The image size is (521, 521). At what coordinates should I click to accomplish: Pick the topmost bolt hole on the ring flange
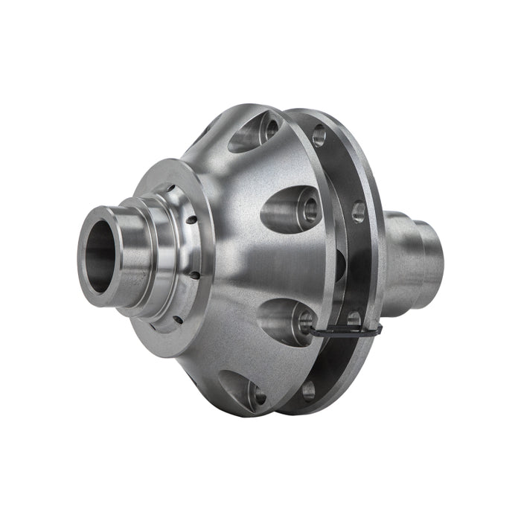tap(319, 135)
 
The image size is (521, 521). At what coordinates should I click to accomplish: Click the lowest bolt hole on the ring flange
tap(308, 387)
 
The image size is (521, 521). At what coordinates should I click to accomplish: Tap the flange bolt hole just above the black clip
tap(354, 318)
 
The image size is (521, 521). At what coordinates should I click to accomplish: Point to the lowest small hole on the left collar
tap(178, 319)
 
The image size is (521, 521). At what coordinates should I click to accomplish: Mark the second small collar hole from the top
tap(191, 220)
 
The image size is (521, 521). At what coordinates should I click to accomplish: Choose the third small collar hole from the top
tap(196, 275)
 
